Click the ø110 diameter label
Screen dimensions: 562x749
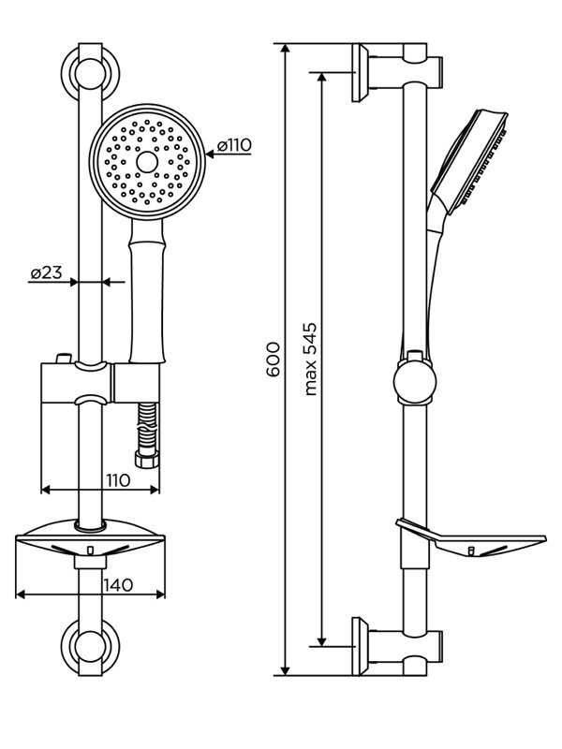click(x=234, y=145)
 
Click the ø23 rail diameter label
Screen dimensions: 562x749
click(x=46, y=272)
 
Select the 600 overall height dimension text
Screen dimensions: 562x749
click(x=274, y=360)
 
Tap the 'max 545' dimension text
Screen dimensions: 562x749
click(x=311, y=360)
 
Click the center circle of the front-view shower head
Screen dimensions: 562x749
click(x=147, y=162)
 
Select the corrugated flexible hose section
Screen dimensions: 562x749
click(x=147, y=427)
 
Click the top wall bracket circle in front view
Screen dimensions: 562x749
click(x=90, y=74)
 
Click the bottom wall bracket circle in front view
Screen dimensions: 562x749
click(x=90, y=647)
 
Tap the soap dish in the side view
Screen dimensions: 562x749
click(x=471, y=537)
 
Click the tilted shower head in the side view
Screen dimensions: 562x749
click(x=469, y=162)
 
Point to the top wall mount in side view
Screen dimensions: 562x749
click(x=397, y=73)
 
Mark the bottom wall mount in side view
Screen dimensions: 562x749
click(x=397, y=646)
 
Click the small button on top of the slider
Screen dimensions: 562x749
click(x=64, y=359)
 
